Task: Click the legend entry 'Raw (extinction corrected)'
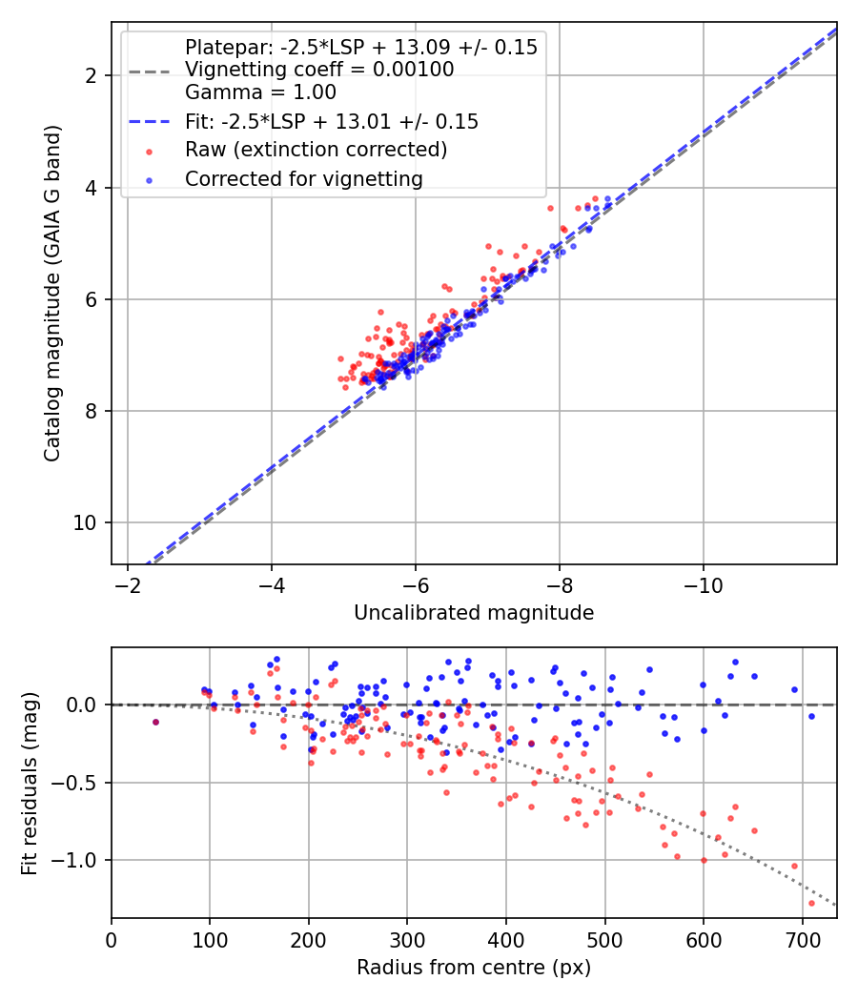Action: (316, 150)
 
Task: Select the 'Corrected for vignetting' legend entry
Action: (304, 179)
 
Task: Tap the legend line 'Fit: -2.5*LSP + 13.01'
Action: (332, 121)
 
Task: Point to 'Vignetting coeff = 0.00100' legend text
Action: (319, 70)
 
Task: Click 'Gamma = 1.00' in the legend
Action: (260, 92)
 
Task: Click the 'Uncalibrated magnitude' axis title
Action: (474, 613)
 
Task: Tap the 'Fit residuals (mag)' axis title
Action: (30, 783)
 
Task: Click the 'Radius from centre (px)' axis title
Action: (474, 968)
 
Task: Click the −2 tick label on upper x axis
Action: (128, 583)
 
